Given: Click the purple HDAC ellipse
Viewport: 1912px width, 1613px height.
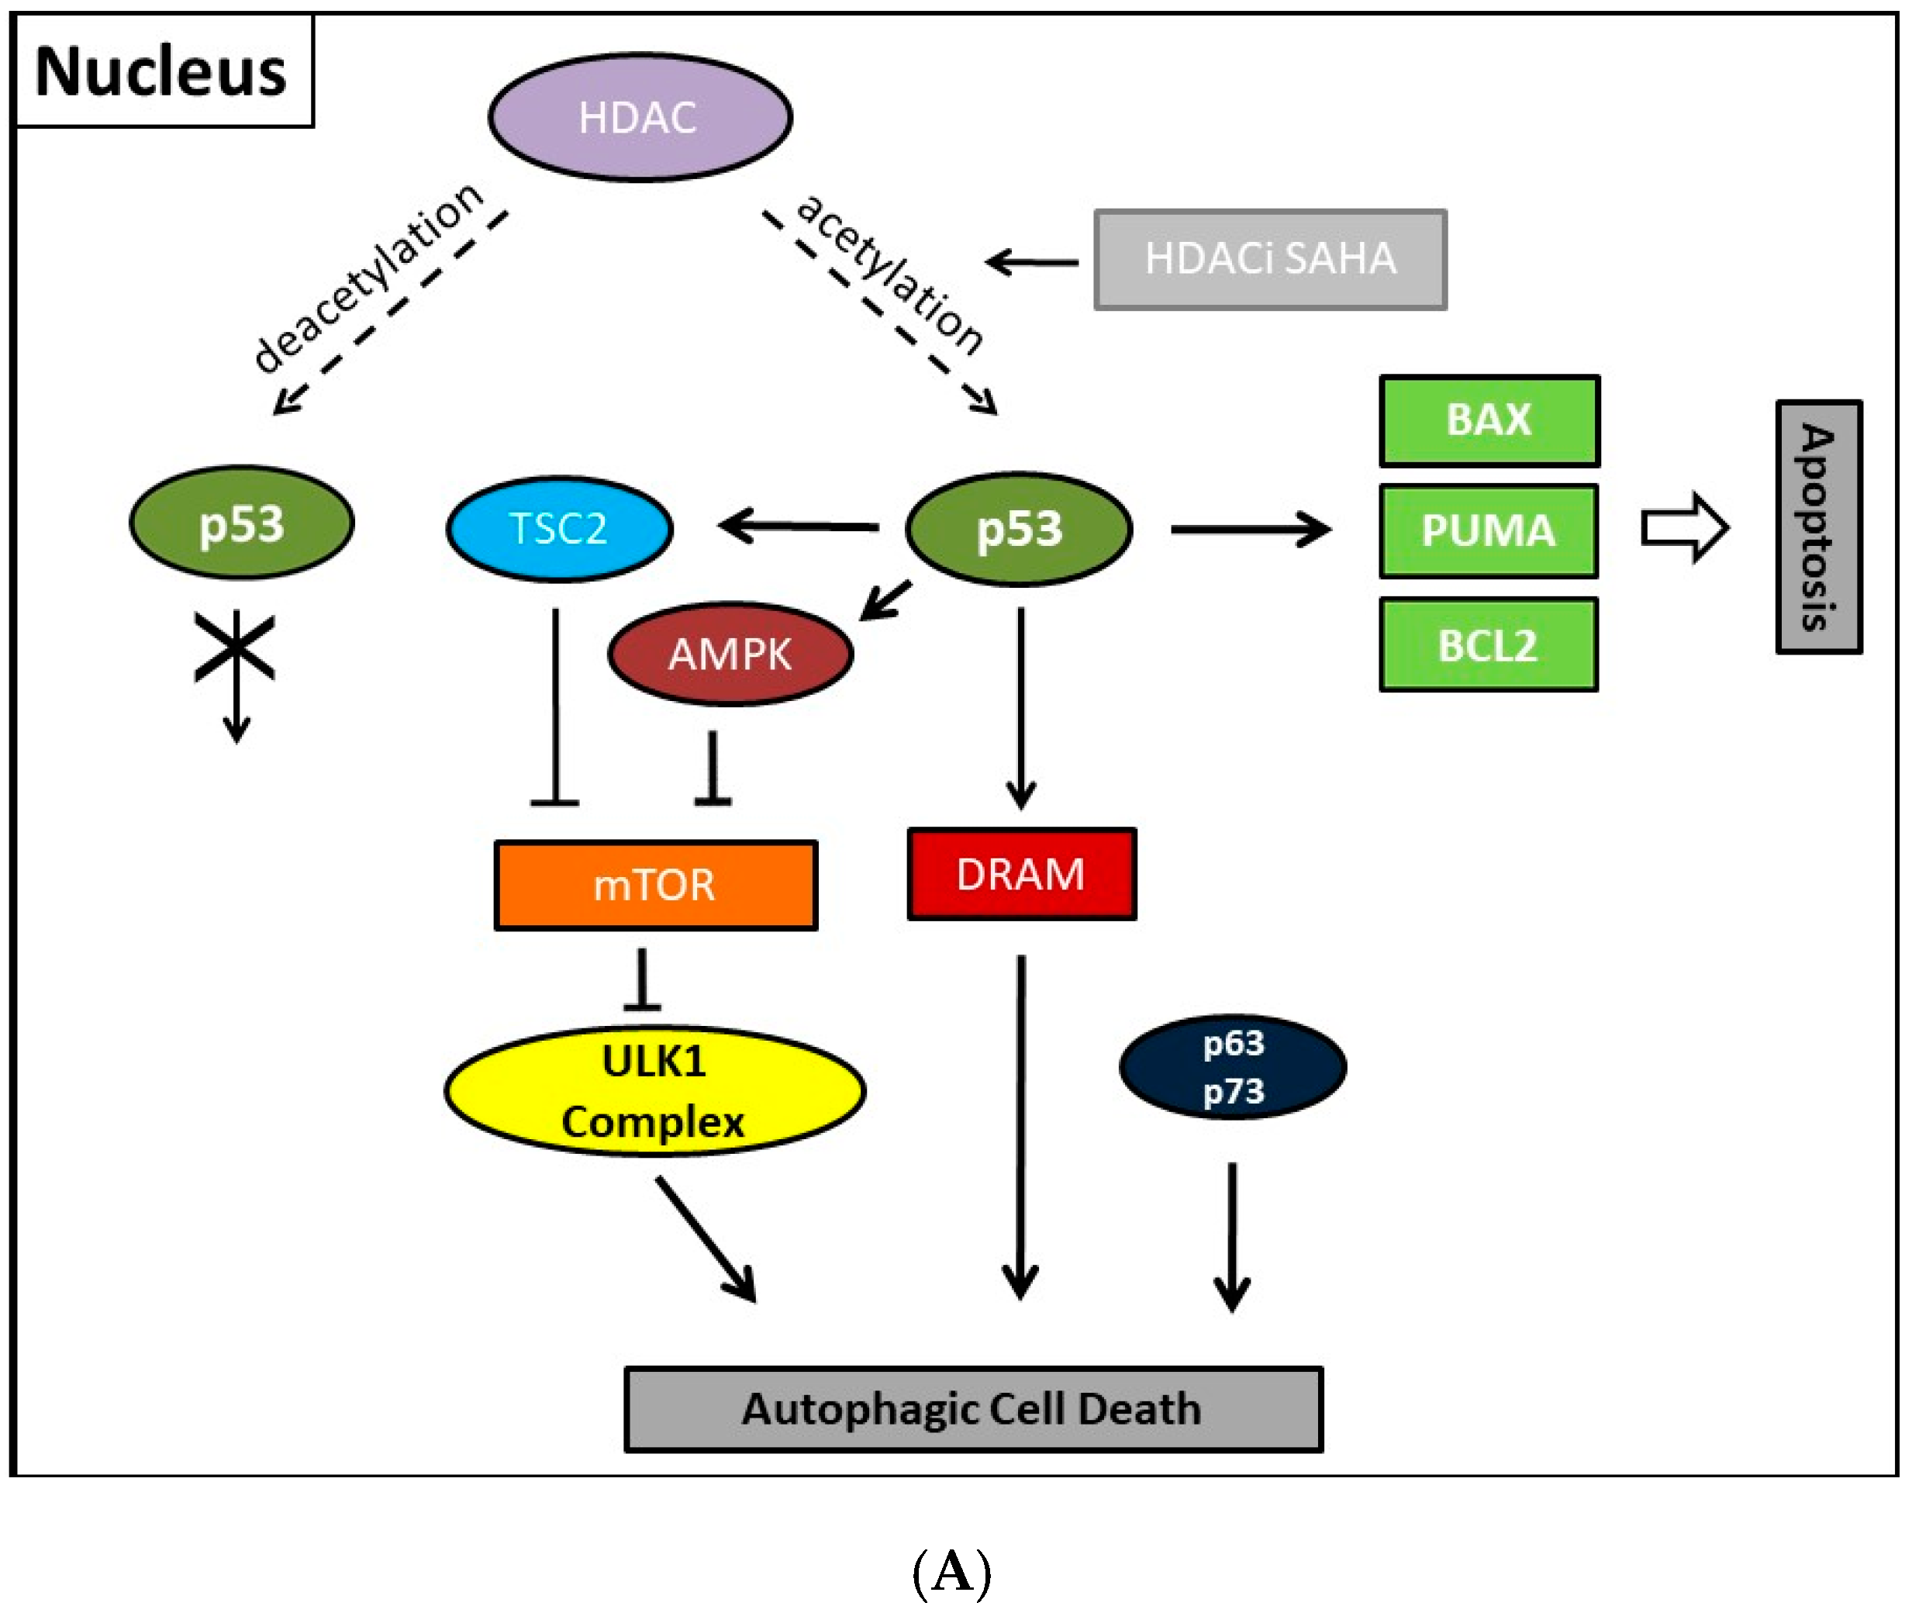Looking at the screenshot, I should pos(639,117).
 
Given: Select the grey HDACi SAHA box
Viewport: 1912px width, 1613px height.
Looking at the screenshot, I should pos(1269,260).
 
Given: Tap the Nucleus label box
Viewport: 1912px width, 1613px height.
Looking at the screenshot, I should pos(163,71).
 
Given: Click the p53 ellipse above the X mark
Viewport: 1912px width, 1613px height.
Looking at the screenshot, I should pos(241,523).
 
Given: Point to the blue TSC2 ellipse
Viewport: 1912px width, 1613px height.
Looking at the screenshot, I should pos(559,529).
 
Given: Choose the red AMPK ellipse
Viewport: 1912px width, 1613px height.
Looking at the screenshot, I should pos(730,653).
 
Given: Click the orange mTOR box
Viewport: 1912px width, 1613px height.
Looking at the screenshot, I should pos(654,884).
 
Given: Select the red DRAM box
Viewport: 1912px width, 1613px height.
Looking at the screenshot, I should pos(1020,873).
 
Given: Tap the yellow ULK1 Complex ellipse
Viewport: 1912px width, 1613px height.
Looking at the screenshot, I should pos(654,1090).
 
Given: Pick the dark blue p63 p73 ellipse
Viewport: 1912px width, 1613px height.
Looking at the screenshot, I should pos(1232,1066).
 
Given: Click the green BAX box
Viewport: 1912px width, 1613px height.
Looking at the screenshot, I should pos(1488,420).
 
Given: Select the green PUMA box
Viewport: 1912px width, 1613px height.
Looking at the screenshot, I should pos(1488,530).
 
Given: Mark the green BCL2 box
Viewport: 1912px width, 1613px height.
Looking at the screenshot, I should pos(1488,644).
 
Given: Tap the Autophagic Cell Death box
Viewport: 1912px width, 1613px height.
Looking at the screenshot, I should pos(972,1409).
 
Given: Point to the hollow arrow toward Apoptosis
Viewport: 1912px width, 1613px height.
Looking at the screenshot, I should pos(1683,527).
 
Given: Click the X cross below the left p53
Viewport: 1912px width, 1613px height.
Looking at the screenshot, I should pos(235,647).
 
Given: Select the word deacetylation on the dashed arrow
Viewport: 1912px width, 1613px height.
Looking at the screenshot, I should pos(368,277).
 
